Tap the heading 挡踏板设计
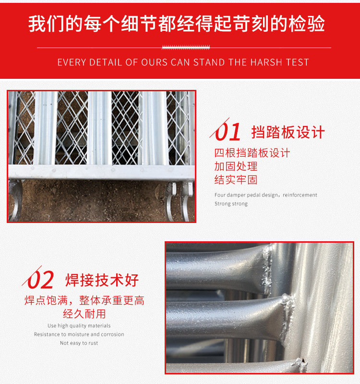tap(288, 132)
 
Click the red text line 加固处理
tap(236, 166)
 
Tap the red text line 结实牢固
tap(236, 180)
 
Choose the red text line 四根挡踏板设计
tap(252, 153)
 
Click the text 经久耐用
tap(84, 314)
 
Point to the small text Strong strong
tap(231, 204)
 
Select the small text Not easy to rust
tap(79, 343)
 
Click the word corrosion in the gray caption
tap(112, 334)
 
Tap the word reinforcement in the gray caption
tap(300, 195)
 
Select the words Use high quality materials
tap(79, 326)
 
